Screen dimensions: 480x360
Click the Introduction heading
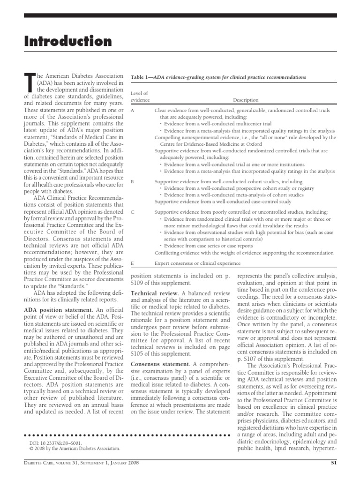[68, 41]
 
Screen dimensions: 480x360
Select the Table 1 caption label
[141, 77]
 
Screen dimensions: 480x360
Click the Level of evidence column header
[139, 97]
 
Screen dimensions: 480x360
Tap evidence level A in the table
[132, 110]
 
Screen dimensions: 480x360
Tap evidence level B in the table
[132, 181]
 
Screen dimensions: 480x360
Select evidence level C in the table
[132, 212]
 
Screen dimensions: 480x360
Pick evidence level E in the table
[132, 263]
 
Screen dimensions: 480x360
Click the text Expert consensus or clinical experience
[198, 263]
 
